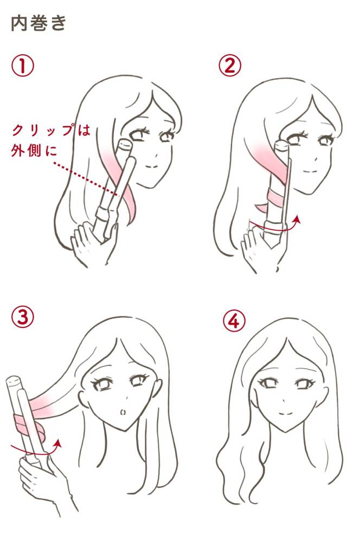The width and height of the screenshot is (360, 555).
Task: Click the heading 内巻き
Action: coord(38,23)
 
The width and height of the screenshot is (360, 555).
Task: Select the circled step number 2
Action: coord(230,66)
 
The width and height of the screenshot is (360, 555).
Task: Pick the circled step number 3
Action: coord(23,317)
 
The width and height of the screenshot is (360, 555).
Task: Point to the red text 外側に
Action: coord(34,151)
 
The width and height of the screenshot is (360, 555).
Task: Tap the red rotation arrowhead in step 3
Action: coord(58,443)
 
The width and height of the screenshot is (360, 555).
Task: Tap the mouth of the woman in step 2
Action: coord(310,171)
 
